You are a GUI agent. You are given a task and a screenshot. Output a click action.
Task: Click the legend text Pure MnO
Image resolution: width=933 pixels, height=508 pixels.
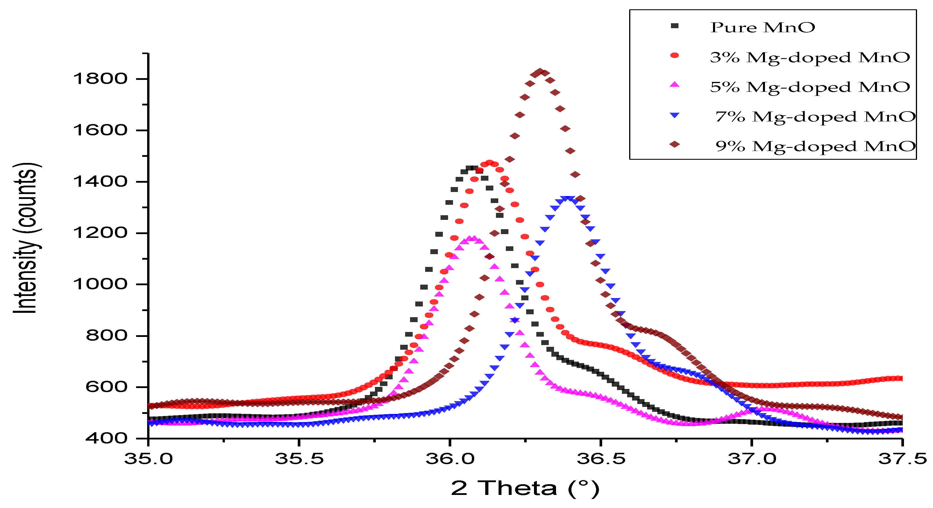click(x=762, y=28)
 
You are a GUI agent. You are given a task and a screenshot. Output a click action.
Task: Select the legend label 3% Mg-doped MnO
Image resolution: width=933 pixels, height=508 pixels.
click(x=810, y=57)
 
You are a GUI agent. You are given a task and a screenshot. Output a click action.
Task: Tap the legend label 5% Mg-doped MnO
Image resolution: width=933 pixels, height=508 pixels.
click(x=810, y=87)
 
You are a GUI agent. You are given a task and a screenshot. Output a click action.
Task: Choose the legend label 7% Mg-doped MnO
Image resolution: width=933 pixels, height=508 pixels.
click(x=815, y=117)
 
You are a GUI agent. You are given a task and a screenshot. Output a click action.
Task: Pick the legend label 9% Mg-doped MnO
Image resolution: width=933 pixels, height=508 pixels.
click(x=815, y=146)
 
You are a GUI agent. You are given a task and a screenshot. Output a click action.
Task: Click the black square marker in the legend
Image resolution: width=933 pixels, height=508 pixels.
click(x=674, y=26)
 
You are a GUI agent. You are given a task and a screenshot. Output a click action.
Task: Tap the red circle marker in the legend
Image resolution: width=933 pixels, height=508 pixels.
click(x=674, y=55)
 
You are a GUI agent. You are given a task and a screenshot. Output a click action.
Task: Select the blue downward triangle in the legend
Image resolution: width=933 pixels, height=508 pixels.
click(x=674, y=116)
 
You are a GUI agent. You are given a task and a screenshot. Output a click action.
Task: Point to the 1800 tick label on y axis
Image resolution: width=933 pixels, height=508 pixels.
click(x=100, y=79)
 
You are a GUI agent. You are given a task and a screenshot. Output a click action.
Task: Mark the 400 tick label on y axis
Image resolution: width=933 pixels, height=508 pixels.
click(x=107, y=438)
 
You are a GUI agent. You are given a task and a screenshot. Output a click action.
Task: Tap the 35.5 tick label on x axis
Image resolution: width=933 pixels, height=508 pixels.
click(x=299, y=459)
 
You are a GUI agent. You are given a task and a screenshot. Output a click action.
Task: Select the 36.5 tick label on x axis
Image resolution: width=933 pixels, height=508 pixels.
click(x=601, y=459)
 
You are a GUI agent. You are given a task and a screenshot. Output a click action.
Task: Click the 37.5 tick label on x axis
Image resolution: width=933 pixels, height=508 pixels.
click(x=902, y=459)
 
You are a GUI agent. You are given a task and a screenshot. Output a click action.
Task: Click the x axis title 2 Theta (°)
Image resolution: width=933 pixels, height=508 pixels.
click(x=525, y=488)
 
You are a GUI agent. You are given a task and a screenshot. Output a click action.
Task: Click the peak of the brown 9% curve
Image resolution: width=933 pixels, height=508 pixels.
click(x=540, y=72)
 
